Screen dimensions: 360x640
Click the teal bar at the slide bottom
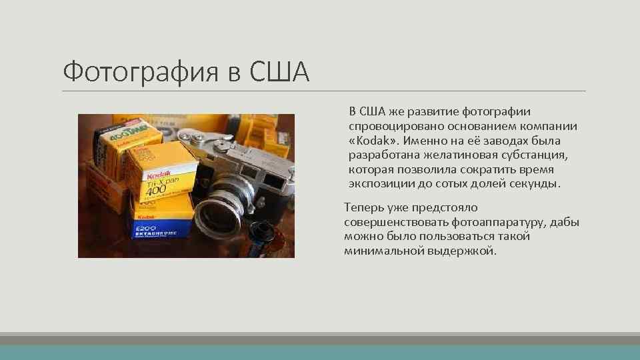pos(320,353)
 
